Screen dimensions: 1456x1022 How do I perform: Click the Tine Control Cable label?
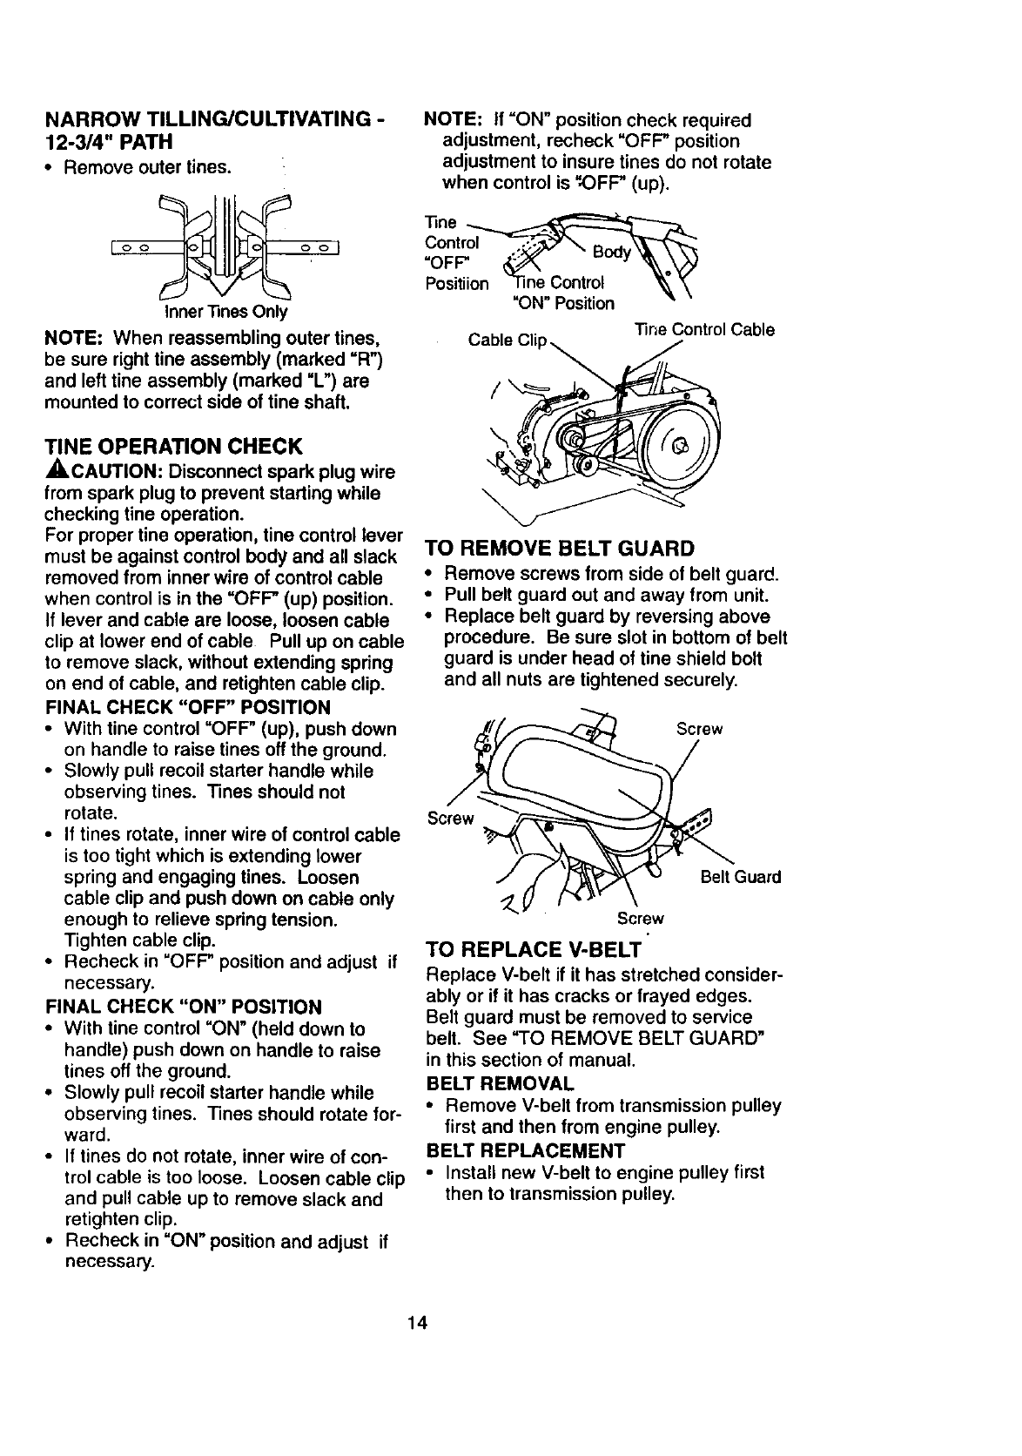point(704,330)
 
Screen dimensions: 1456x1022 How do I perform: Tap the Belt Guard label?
point(740,877)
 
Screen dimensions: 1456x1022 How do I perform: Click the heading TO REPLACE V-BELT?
point(532,949)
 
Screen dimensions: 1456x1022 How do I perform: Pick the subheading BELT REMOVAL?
point(500,1084)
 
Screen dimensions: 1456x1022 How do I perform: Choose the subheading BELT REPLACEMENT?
point(520,1150)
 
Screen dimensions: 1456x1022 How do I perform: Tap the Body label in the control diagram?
point(610,253)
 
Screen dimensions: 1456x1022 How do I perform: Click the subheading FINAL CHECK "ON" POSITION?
point(183,1008)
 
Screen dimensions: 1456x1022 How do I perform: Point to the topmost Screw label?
point(699,729)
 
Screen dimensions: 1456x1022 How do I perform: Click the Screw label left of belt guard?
point(451,819)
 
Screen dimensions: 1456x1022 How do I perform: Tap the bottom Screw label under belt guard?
point(640,919)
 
